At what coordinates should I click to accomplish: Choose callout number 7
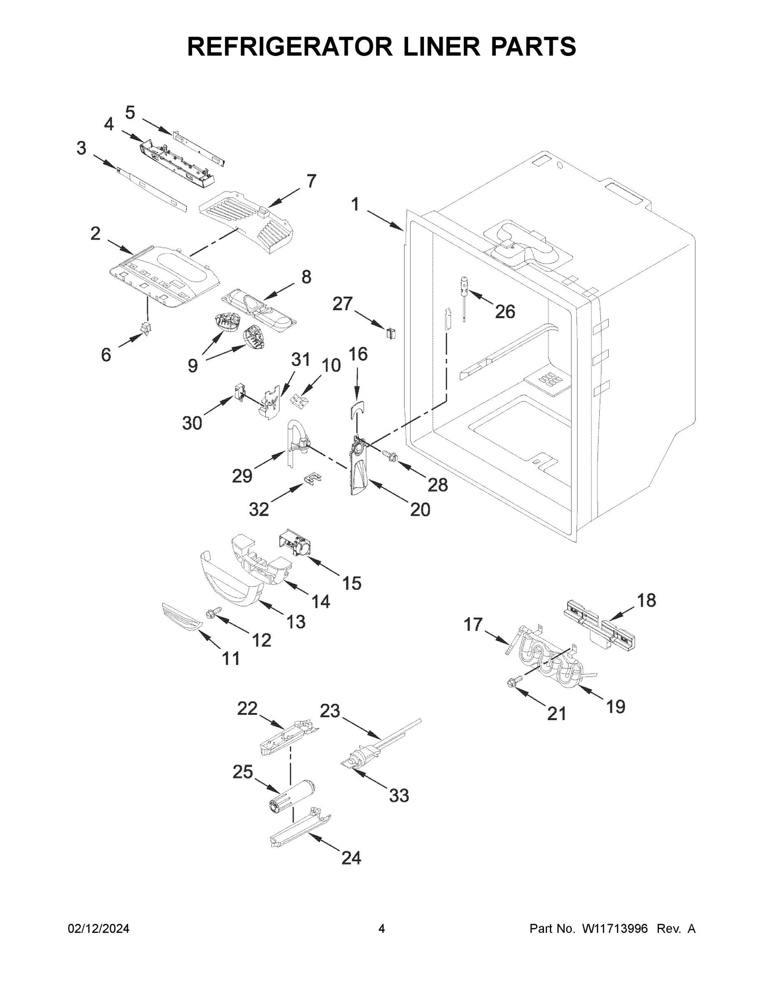point(311,181)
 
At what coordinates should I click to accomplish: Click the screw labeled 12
point(212,612)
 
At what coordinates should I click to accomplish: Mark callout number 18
point(646,600)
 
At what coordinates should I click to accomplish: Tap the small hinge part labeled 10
point(299,399)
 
